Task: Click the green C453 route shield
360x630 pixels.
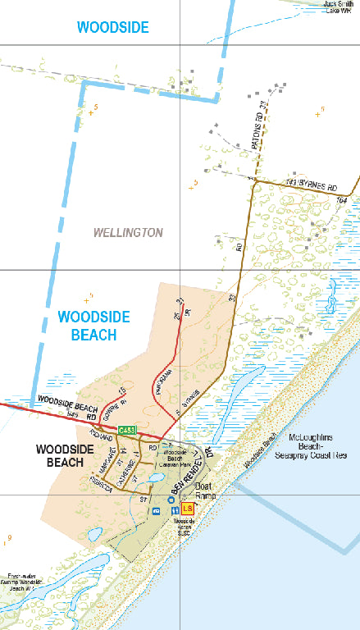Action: click(126, 430)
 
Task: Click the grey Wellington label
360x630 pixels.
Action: click(128, 233)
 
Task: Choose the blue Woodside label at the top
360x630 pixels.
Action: click(113, 27)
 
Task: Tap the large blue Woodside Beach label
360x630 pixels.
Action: click(88, 325)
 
